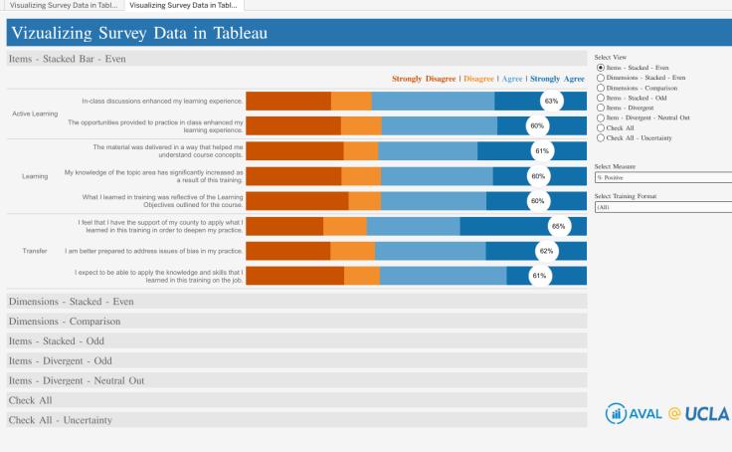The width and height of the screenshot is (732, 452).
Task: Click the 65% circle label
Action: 558,226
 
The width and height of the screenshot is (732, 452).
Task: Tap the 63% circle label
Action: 551,101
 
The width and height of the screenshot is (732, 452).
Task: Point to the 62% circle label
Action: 546,251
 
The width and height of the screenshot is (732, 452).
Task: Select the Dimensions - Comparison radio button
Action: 600,88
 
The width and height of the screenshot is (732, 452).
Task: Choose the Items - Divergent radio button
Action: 600,108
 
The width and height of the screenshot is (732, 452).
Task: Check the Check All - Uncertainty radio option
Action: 600,137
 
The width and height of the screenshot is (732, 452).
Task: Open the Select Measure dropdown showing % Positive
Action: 660,177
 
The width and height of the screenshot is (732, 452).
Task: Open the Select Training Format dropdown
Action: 660,207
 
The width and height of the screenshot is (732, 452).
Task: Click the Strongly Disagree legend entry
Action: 424,78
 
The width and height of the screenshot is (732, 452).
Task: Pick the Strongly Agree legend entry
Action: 557,78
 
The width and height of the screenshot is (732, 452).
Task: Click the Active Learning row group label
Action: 35,113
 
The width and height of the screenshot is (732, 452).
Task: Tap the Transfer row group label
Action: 35,251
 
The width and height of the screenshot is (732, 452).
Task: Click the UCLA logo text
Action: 707,413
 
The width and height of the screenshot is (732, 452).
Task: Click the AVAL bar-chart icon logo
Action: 616,414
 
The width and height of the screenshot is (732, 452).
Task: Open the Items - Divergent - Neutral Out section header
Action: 77,380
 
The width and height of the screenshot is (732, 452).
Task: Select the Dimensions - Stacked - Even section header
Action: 71,301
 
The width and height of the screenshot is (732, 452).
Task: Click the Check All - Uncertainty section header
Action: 61,420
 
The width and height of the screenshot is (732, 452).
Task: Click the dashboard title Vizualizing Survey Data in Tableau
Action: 138,33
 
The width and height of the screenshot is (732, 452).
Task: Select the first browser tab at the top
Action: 62,5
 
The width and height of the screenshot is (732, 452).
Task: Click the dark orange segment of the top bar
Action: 288,101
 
